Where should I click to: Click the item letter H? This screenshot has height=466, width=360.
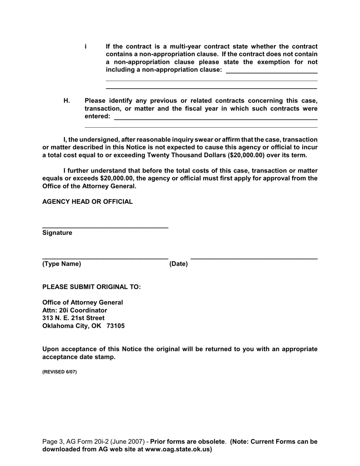pos(67,101)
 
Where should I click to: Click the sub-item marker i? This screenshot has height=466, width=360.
pos(86,47)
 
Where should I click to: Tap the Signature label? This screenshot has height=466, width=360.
pos(57,233)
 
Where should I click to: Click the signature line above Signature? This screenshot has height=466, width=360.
pos(105,227)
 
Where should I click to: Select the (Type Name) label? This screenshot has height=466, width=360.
pos(62,264)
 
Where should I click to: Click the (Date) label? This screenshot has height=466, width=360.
pos(178,264)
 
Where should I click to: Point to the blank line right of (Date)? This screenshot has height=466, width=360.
pos(254,258)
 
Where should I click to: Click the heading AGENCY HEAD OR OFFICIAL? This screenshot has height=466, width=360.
pos(88,202)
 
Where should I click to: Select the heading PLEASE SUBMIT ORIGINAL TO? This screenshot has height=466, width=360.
pos(91,287)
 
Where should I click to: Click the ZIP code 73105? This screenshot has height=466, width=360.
pos(116,326)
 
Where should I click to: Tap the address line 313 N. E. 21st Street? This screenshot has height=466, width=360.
pos(74,318)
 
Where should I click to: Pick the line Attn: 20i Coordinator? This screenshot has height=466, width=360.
pos(75,310)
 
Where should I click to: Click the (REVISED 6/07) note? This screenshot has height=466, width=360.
pos(59,372)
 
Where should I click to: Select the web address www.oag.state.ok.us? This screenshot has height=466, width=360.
pos(177,450)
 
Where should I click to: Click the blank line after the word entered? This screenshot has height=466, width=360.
pos(216,119)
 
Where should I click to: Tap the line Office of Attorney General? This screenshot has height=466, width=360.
pos(83,302)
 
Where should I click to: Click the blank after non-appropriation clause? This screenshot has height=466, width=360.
pos(271,72)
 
